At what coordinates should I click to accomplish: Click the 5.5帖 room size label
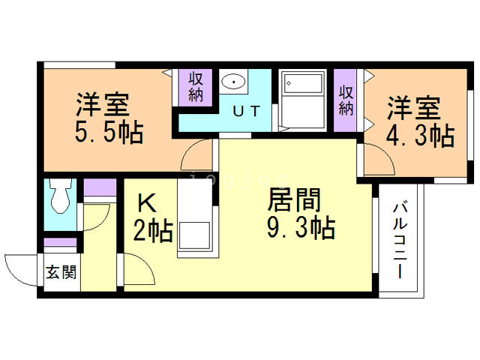click(109, 133)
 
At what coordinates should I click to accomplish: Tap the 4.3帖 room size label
click(420, 136)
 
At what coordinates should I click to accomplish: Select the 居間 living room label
click(294, 200)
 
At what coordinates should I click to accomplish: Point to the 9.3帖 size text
click(301, 228)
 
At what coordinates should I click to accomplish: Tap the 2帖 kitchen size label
click(153, 231)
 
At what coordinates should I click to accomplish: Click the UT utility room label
click(247, 111)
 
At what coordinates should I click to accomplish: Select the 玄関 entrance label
click(61, 271)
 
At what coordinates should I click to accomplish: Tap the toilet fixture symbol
click(60, 196)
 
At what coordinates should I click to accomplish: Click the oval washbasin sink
click(233, 82)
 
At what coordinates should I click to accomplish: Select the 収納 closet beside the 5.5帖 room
click(196, 87)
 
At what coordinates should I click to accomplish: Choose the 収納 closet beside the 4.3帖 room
click(345, 100)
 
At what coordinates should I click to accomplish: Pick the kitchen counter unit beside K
click(195, 218)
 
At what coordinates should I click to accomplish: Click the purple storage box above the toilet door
click(100, 187)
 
